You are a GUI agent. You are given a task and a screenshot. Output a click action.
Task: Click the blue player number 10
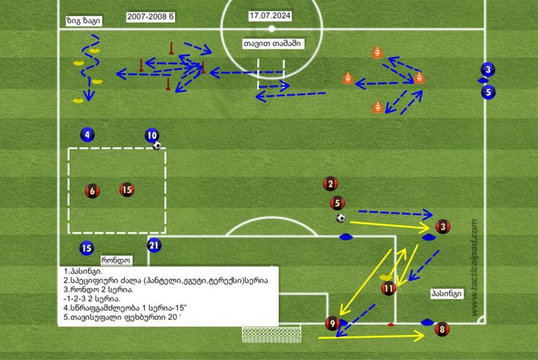(x=152, y=136)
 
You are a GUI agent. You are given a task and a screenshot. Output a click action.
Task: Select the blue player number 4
(x=87, y=135)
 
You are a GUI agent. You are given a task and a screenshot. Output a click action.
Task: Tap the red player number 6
(x=93, y=191)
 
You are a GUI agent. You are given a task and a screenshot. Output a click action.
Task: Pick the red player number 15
(x=127, y=190)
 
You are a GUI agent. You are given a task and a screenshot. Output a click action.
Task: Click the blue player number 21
(x=154, y=245)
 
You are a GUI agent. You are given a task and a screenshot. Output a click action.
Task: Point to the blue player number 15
(x=87, y=248)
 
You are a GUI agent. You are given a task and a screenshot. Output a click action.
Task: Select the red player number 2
(x=330, y=184)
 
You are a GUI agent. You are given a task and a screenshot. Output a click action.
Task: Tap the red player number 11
(x=388, y=288)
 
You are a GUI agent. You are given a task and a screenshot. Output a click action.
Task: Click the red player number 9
(x=332, y=323)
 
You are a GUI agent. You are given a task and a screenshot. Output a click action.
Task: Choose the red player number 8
(x=442, y=329)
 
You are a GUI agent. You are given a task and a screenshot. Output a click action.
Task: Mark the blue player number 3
(x=488, y=69)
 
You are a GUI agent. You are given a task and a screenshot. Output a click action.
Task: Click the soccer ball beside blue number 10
(x=157, y=146)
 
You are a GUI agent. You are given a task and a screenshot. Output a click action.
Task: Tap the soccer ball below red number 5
(x=341, y=218)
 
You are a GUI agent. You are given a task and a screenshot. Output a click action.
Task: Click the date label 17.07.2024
(x=270, y=16)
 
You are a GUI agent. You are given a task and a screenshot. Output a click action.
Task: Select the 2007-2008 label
(x=151, y=17)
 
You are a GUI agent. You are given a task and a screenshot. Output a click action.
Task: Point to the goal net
(x=271, y=334)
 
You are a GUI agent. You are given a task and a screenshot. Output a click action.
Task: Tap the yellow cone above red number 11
(x=386, y=277)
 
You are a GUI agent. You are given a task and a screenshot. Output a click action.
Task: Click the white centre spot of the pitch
(x=271, y=29)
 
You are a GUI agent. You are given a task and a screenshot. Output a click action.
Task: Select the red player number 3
(x=443, y=227)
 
